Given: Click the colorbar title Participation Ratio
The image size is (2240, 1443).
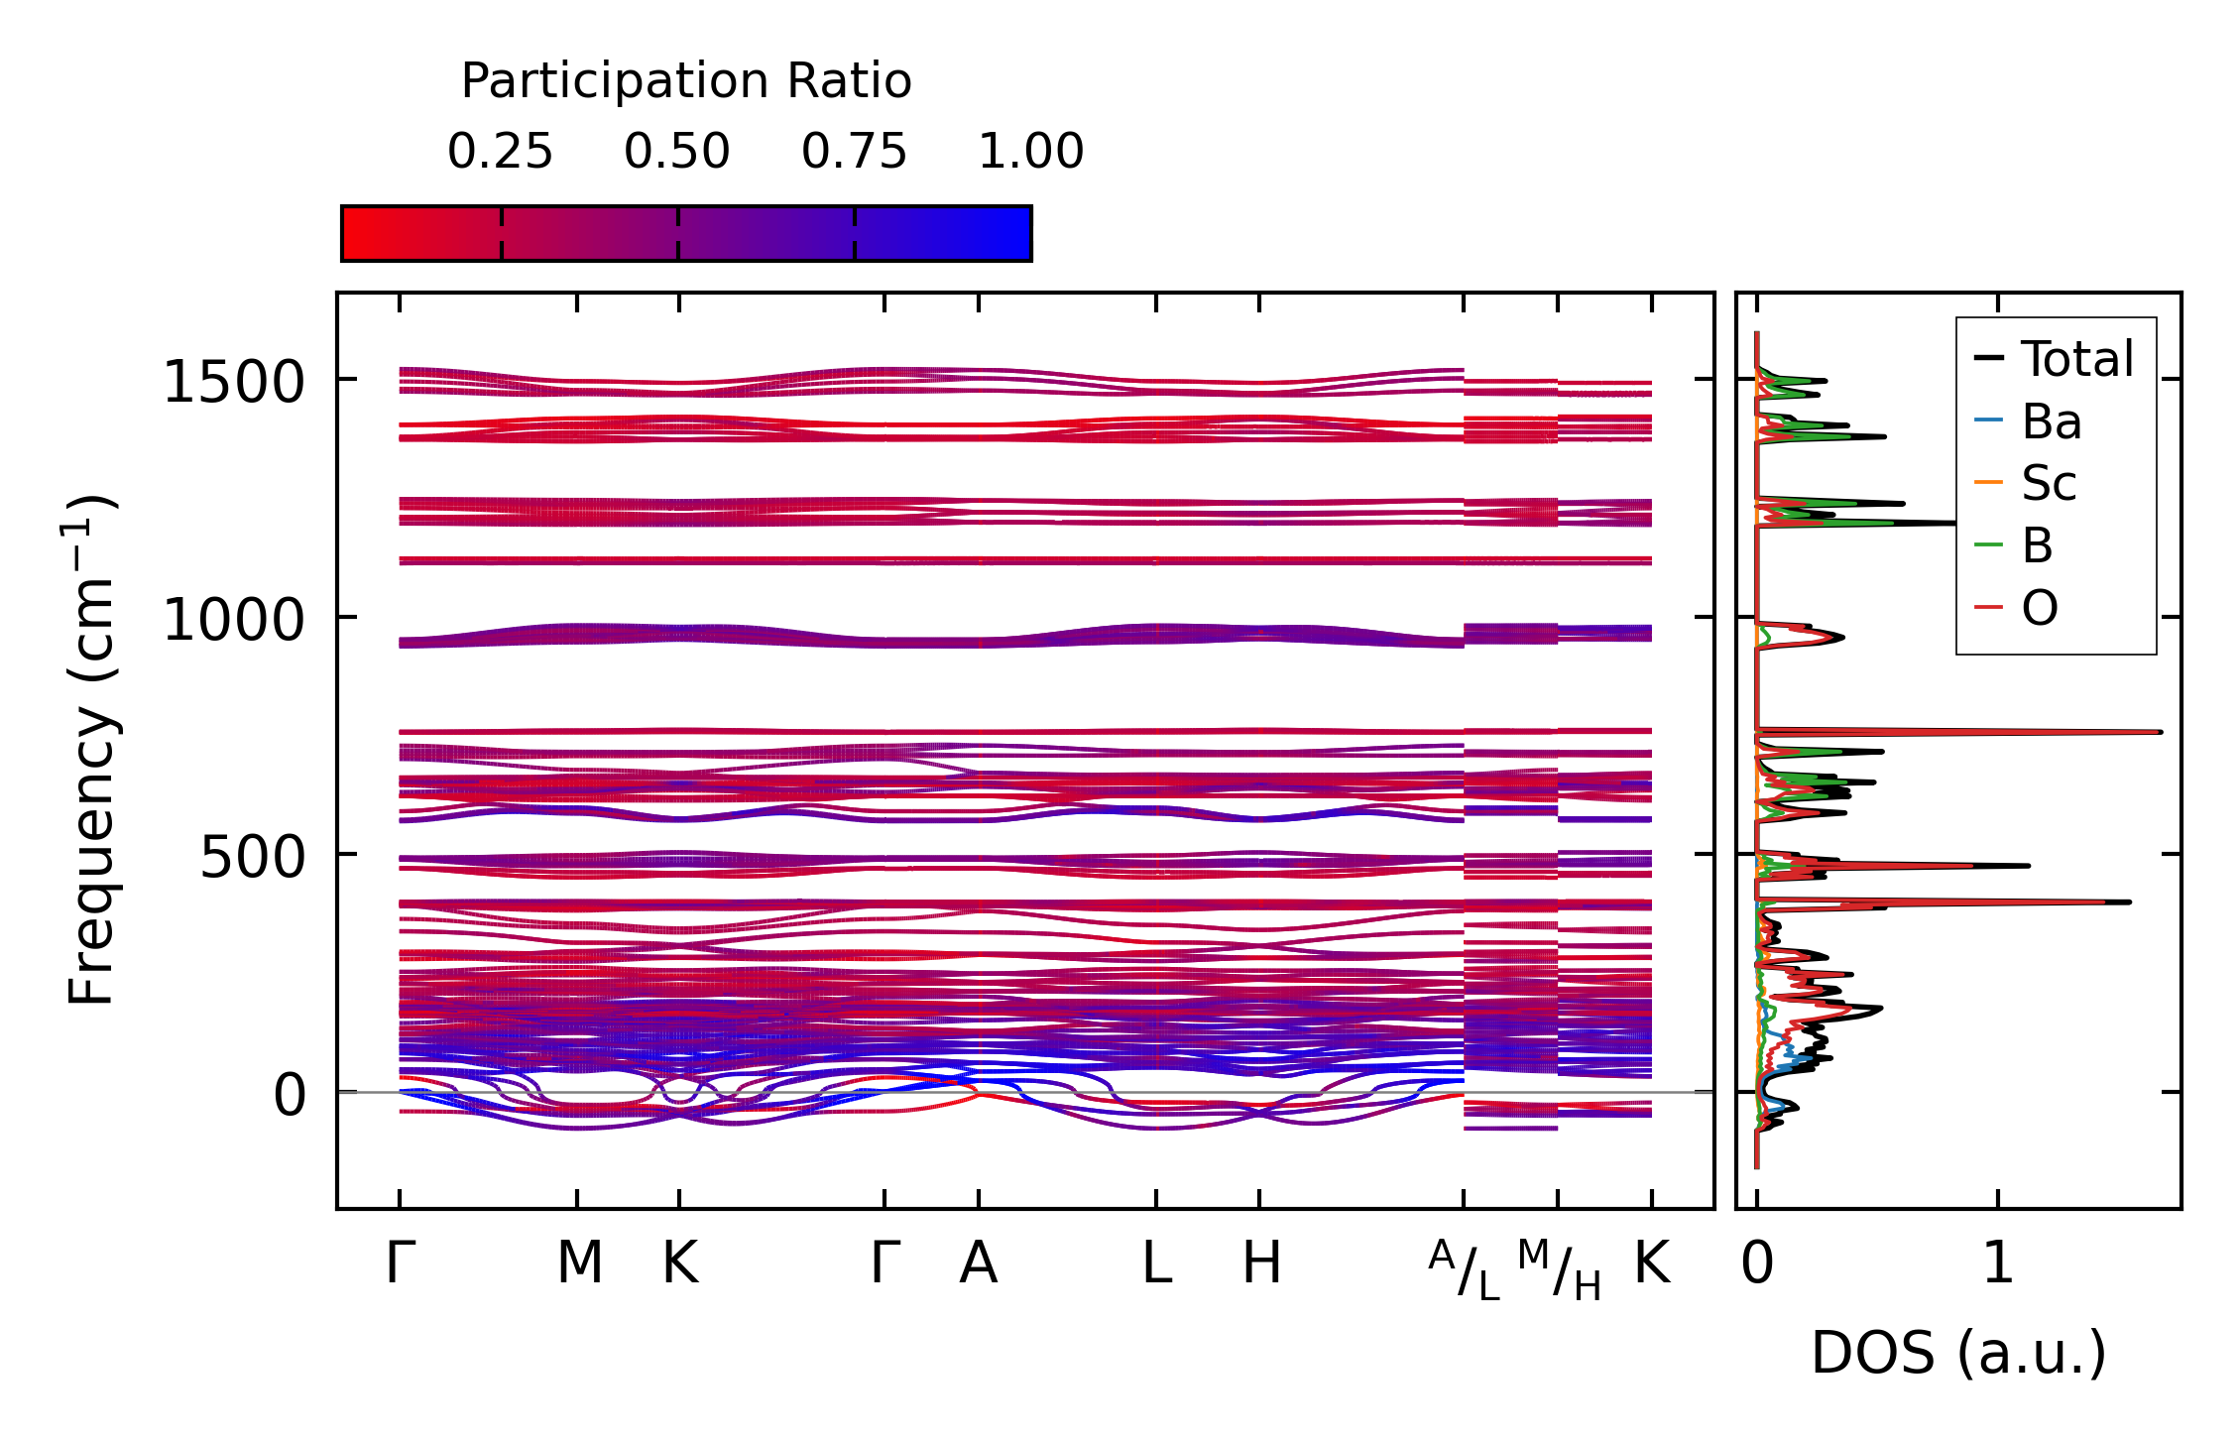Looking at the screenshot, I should (685, 81).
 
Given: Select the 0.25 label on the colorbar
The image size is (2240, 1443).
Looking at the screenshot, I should (500, 152).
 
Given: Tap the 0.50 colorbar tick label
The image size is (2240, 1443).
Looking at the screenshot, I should (677, 152).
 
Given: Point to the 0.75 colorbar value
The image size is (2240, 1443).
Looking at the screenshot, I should (854, 152).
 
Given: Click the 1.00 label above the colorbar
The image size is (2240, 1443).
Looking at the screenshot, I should (1030, 152).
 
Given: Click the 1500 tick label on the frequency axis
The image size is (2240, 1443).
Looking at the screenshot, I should (233, 382).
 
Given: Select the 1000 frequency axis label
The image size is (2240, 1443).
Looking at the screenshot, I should (233, 620).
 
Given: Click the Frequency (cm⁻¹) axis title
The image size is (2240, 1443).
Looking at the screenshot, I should (91, 750).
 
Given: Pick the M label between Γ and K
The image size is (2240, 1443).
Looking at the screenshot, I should (579, 1263).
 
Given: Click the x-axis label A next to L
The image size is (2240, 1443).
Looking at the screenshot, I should (978, 1263).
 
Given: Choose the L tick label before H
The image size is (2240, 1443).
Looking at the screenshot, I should (1157, 1263).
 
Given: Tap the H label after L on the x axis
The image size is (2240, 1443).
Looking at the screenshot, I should (1261, 1263).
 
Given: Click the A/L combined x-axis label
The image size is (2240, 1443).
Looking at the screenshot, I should (1465, 1270).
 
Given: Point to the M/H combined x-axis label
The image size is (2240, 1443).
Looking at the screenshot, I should (1559, 1270).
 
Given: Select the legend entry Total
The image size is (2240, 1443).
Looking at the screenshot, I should (2076, 359).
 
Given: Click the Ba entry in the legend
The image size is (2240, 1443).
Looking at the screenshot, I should (2051, 421).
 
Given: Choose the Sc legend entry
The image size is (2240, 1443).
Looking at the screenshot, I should (2049, 484).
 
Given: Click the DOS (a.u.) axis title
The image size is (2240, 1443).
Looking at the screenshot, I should (1958, 1353).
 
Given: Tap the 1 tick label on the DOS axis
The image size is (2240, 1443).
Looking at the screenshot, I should (1998, 1263).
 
